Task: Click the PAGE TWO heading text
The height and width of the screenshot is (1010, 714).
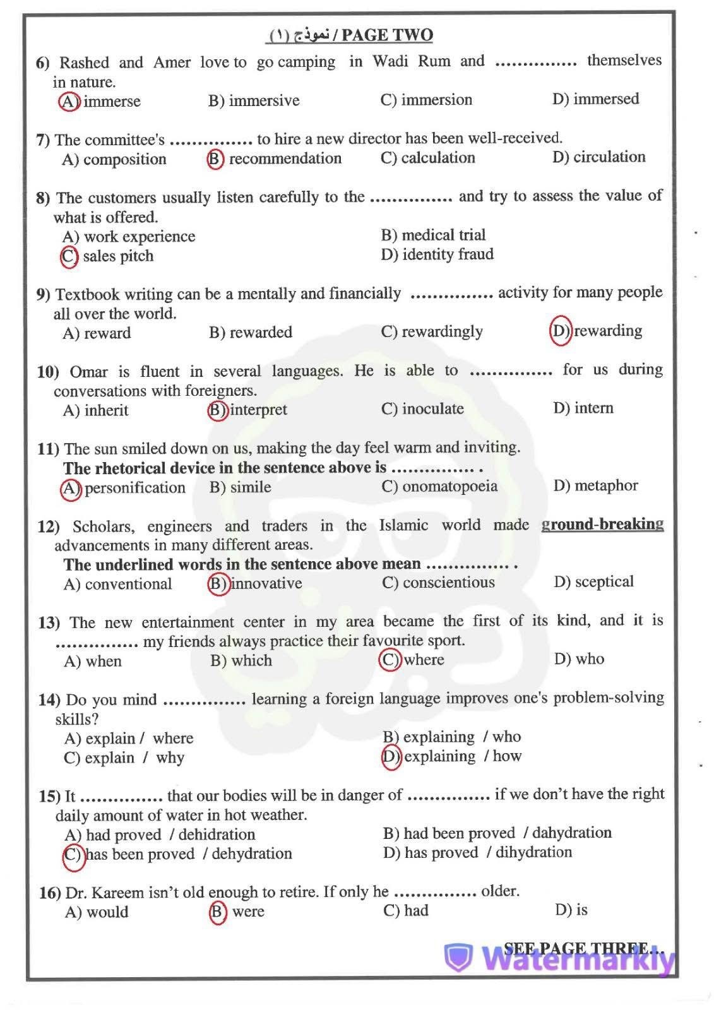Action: click(387, 35)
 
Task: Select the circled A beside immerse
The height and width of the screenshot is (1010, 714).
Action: click(69, 101)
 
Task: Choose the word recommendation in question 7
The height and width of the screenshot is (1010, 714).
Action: click(285, 158)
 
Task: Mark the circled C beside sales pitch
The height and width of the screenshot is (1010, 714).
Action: click(69, 256)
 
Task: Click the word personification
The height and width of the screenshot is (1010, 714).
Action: click(134, 488)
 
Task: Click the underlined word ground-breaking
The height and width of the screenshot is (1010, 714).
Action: click(602, 524)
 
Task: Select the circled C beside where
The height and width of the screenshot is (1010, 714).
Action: click(390, 660)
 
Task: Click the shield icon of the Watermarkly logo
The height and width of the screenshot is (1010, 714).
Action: click(458, 958)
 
